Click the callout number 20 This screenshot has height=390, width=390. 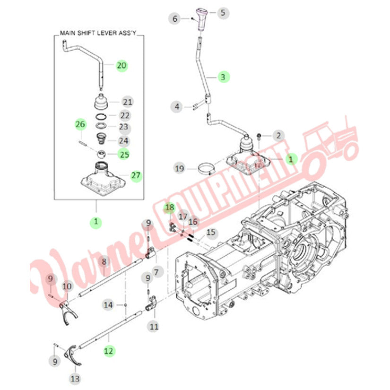pos(122,66)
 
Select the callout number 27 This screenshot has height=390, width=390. pos(136,176)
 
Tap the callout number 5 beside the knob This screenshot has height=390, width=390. pos(222,13)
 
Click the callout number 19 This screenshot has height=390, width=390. pos(179,168)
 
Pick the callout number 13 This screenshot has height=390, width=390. pos(75,378)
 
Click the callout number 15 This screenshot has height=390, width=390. pos(210,232)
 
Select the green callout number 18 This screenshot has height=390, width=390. pos(169,208)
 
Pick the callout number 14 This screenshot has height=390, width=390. pos(109,305)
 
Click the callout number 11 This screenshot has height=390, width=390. pos(154,326)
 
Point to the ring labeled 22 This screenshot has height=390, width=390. pos(101,116)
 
